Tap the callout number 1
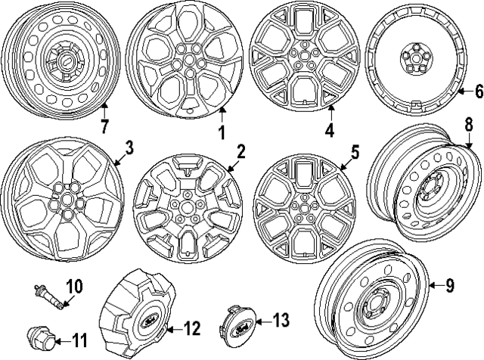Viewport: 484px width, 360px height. pos(222,132)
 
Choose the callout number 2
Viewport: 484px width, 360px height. pos(240,151)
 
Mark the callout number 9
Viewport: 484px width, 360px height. pos(449,285)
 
